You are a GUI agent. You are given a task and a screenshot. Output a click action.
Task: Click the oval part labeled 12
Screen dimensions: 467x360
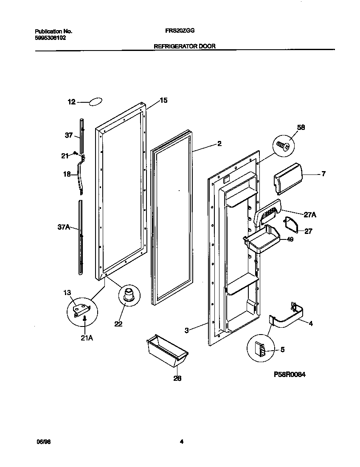tap(96, 102)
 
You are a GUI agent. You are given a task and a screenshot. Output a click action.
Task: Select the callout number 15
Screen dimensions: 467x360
tap(163, 101)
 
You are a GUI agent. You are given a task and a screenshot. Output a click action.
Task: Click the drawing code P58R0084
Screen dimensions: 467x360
tap(290, 374)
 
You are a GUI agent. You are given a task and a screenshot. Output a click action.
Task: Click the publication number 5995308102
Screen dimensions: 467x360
tap(50, 37)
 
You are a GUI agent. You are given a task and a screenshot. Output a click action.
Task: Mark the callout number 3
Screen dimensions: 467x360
tap(187, 329)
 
